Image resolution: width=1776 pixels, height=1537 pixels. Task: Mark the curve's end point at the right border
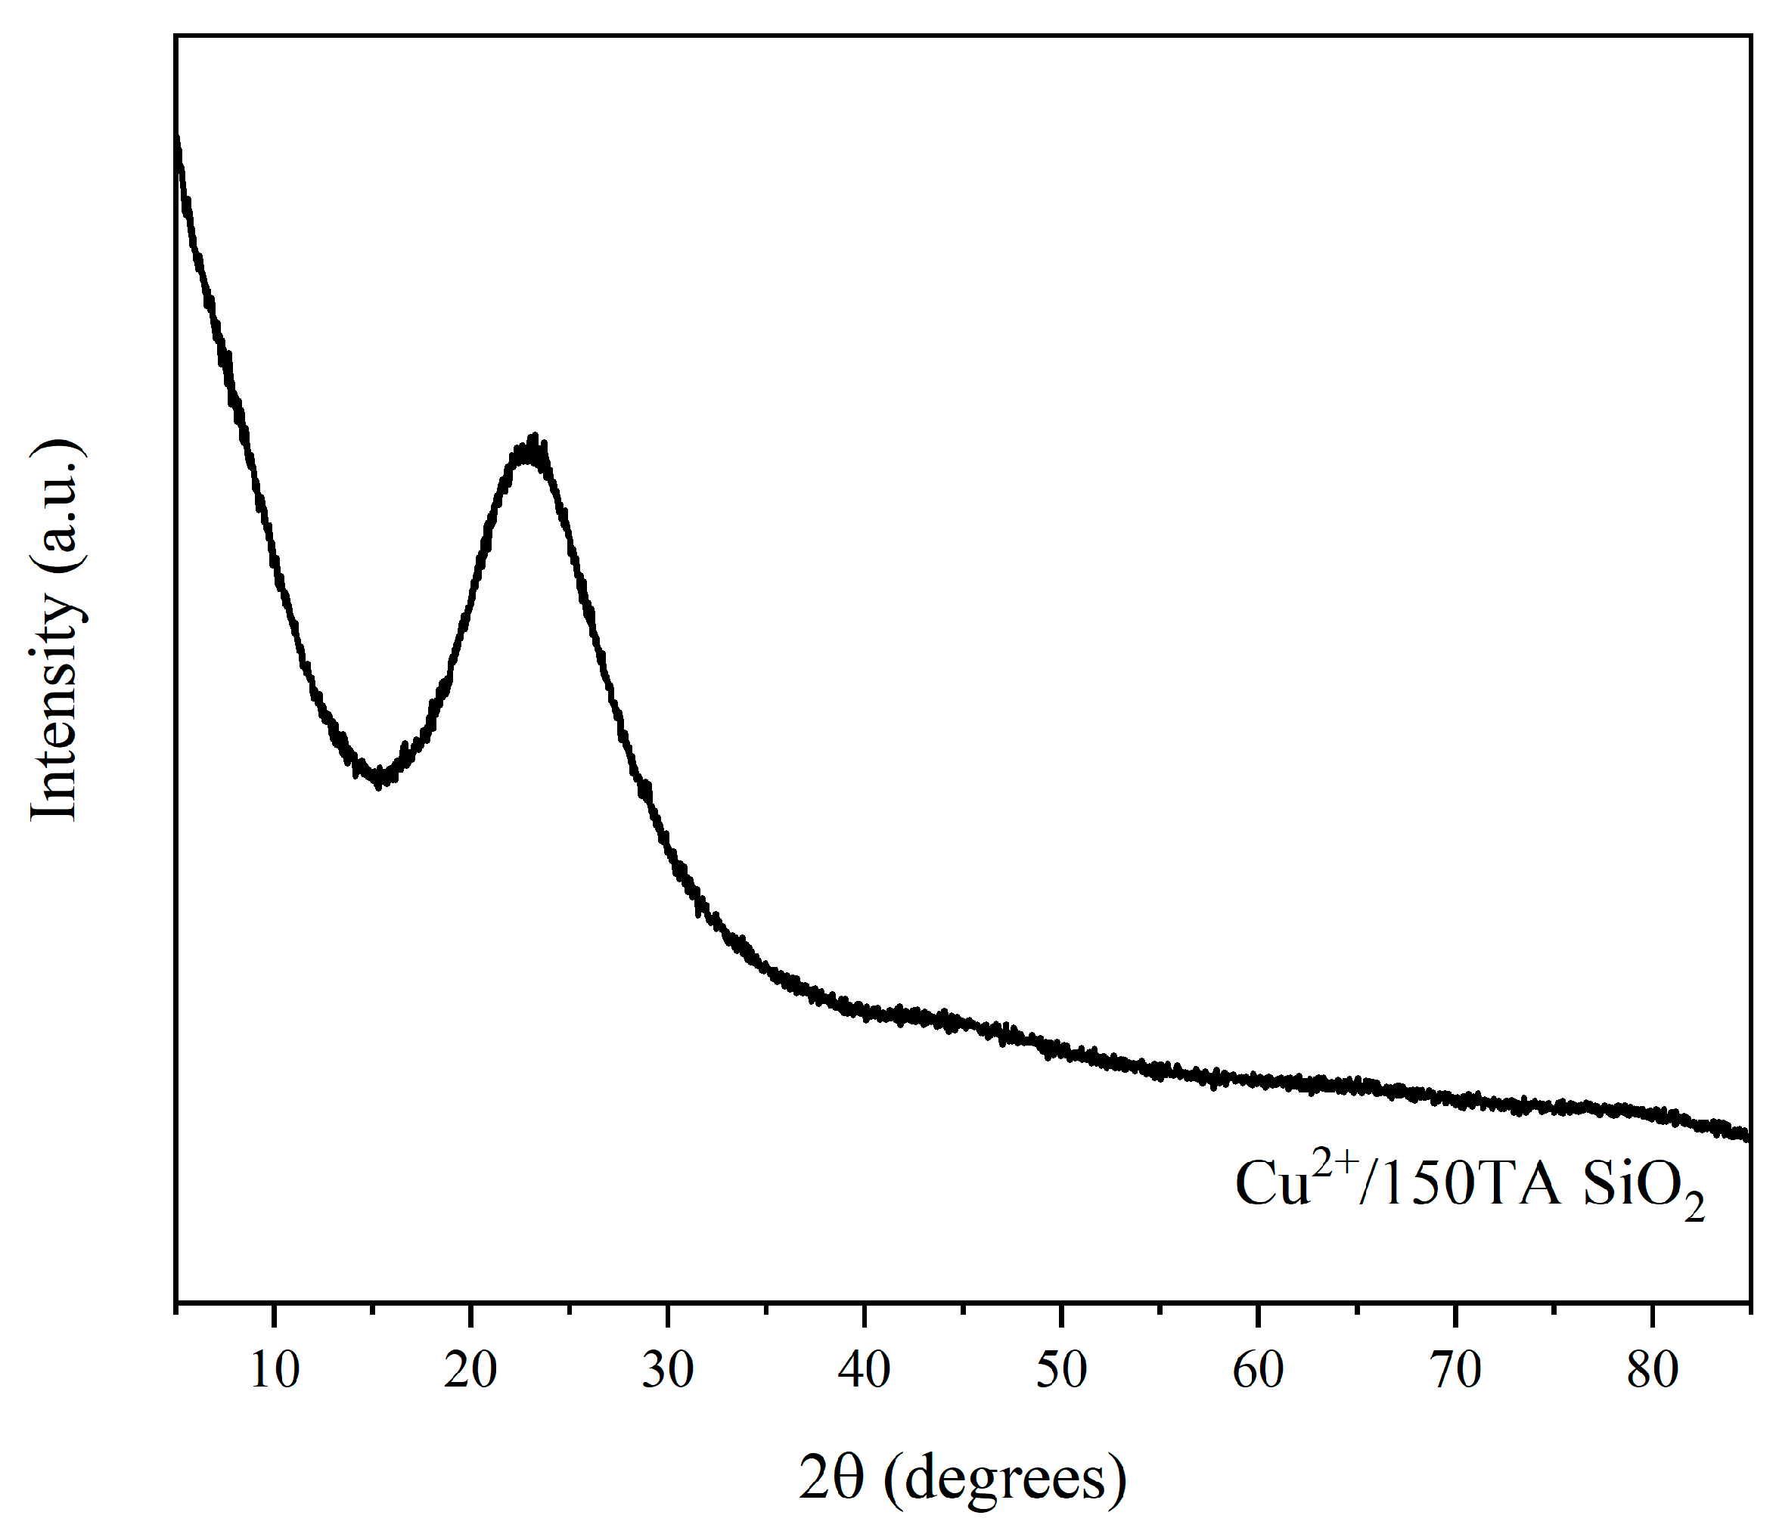coord(1747,1136)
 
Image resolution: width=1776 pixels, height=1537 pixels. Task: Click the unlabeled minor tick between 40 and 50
coord(963,1309)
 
